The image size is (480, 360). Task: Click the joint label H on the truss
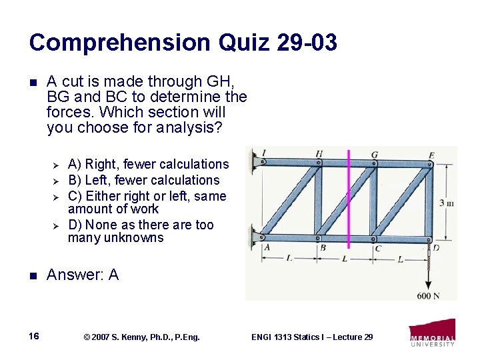tap(319, 154)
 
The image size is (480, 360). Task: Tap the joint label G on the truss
tap(375, 155)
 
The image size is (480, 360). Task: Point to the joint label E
tap(431, 155)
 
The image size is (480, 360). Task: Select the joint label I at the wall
tap(265, 153)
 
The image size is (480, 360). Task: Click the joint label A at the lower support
tap(267, 247)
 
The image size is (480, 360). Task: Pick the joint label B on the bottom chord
tap(323, 248)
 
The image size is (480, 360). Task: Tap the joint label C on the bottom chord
tap(377, 249)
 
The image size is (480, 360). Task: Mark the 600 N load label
tap(428, 295)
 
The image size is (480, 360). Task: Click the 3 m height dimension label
tap(446, 203)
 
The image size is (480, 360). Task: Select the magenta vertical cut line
tap(348, 200)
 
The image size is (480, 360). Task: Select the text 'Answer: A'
tap(83, 275)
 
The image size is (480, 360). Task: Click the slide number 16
tap(35, 337)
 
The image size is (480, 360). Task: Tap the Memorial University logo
tap(432, 333)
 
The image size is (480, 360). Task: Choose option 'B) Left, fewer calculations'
tap(143, 180)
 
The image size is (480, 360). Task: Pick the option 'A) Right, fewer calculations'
tap(148, 164)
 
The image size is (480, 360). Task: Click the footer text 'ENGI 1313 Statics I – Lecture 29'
tap(312, 337)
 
